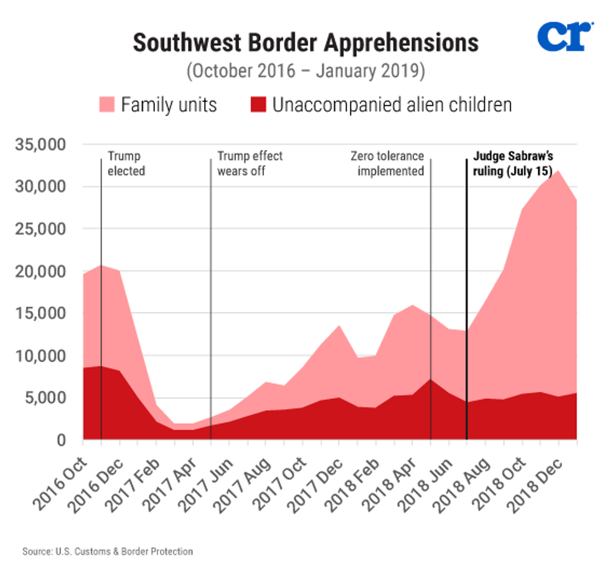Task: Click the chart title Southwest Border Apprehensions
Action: pos(305,42)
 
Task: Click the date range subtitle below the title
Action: pos(305,70)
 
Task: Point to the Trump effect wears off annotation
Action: pos(249,163)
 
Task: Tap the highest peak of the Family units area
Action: pos(559,171)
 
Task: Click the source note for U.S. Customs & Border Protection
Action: pos(108,551)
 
